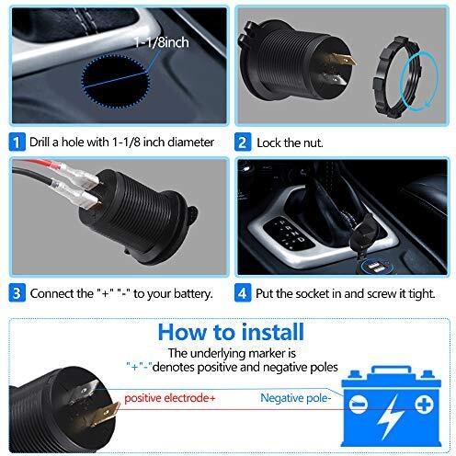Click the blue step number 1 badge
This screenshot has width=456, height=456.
[17, 142]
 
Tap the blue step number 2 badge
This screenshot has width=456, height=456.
[243, 142]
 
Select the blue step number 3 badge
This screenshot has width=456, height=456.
[17, 293]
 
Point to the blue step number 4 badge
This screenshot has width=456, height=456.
[243, 293]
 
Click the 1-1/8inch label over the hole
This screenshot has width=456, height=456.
[161, 42]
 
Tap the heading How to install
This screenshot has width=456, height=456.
[231, 332]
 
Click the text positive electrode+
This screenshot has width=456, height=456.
[170, 398]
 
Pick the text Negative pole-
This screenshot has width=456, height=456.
[296, 398]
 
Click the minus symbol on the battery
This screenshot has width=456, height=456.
[359, 405]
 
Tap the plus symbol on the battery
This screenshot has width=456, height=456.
[424, 405]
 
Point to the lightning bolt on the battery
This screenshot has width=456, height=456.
[390, 416]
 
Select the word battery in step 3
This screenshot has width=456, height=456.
[193, 293]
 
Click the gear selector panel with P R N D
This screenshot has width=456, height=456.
[288, 234]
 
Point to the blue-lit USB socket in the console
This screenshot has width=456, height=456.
[376, 267]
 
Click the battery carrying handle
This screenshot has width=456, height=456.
[391, 370]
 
